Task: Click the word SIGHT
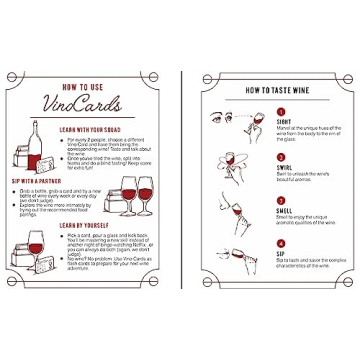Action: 284,123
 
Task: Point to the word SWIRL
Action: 284,165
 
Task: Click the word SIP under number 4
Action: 281,250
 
